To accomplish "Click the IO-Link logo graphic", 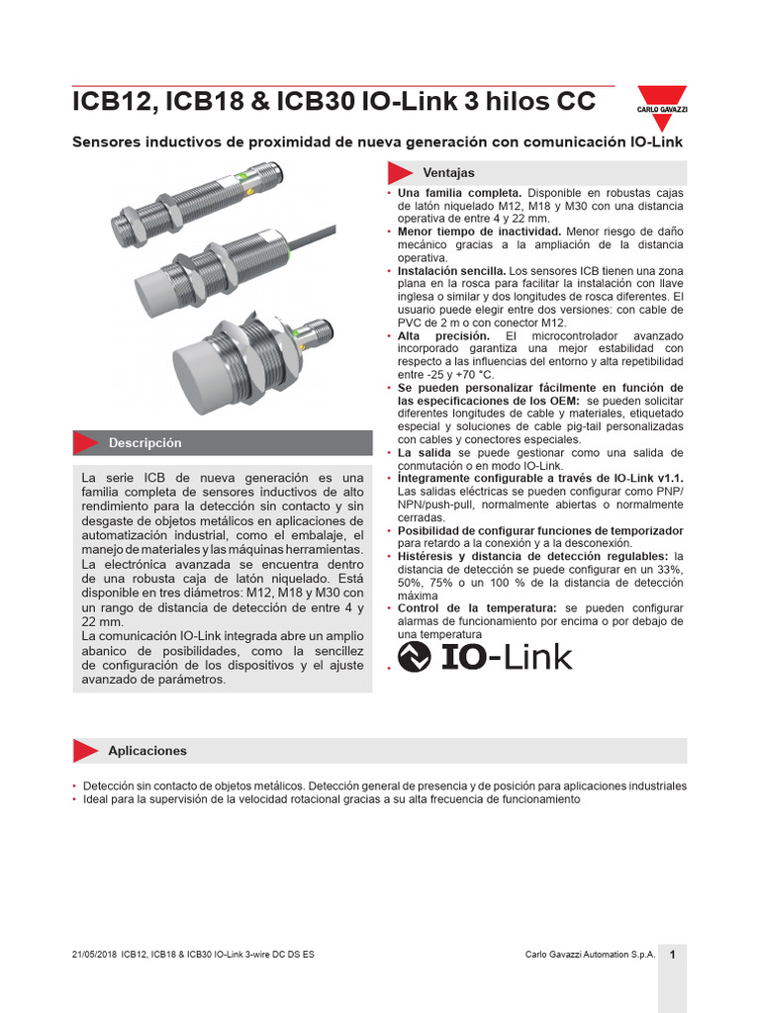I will click(x=484, y=657).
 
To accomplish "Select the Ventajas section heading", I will click(x=448, y=172).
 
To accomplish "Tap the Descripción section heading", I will click(x=145, y=442).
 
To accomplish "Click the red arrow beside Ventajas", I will click(x=400, y=172).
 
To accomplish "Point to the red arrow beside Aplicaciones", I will click(x=86, y=751).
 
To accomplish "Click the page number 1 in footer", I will click(x=673, y=954).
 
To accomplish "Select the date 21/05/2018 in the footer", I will click(x=94, y=955).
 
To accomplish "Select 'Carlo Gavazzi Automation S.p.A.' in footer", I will click(x=590, y=955).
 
